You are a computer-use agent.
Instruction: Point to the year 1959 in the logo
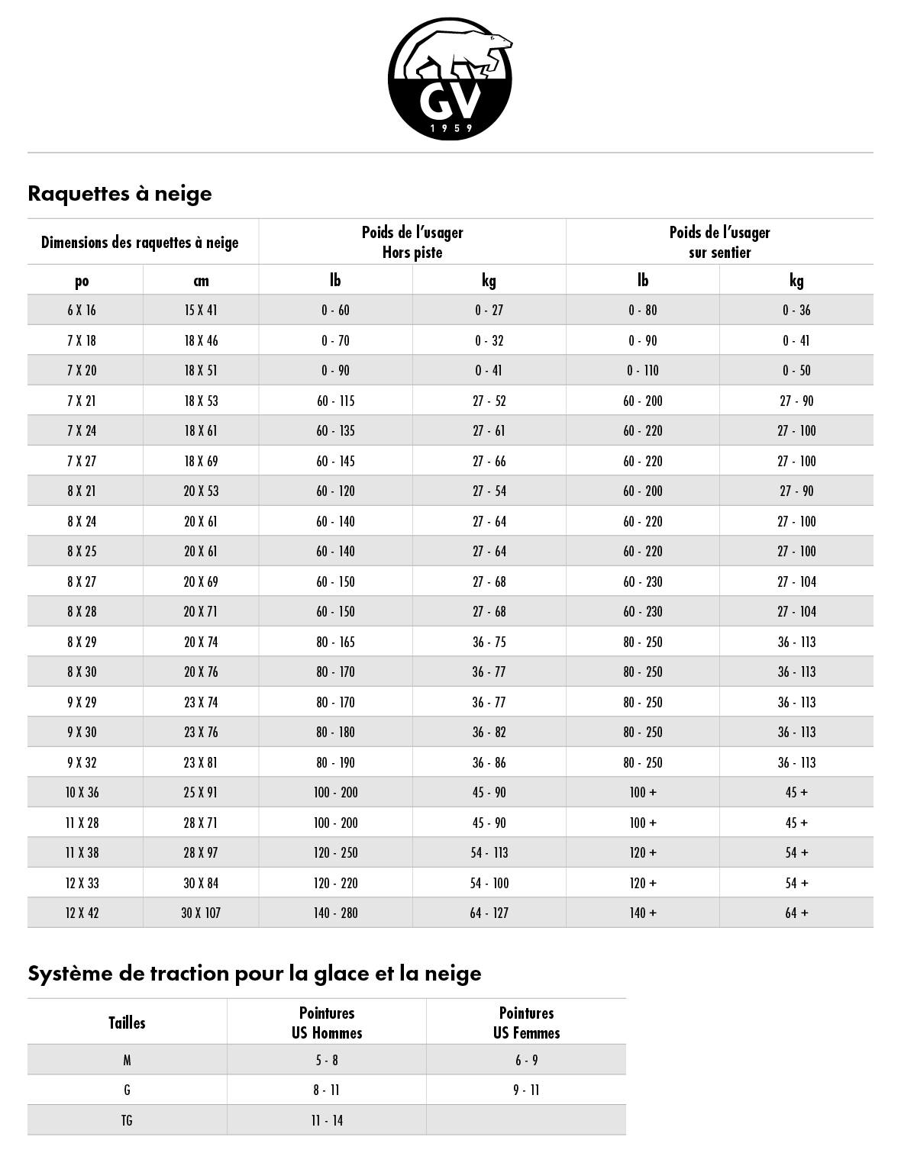(x=450, y=128)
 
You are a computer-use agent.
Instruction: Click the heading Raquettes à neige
(x=120, y=194)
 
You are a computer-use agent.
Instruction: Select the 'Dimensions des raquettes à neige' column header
(x=140, y=243)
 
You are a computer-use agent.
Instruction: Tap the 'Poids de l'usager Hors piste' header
(x=412, y=243)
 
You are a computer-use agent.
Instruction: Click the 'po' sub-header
(x=82, y=281)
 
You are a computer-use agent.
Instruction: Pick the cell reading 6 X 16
(x=82, y=311)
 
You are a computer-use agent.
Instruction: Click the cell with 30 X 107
(x=201, y=913)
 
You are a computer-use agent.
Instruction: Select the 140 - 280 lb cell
(x=335, y=913)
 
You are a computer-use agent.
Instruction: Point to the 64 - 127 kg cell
(x=489, y=913)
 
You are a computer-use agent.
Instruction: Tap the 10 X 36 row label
(x=82, y=793)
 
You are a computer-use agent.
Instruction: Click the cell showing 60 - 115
(x=335, y=401)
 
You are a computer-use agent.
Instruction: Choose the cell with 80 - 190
(x=335, y=763)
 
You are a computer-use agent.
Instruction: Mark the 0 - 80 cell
(x=643, y=311)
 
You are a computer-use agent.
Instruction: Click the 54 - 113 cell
(x=489, y=853)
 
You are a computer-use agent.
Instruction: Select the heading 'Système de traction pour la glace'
(x=254, y=974)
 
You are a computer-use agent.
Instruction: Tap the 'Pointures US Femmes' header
(x=526, y=1023)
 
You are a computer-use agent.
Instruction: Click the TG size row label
(x=127, y=1121)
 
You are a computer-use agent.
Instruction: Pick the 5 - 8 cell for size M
(x=326, y=1061)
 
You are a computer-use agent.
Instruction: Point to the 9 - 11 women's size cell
(x=526, y=1090)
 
